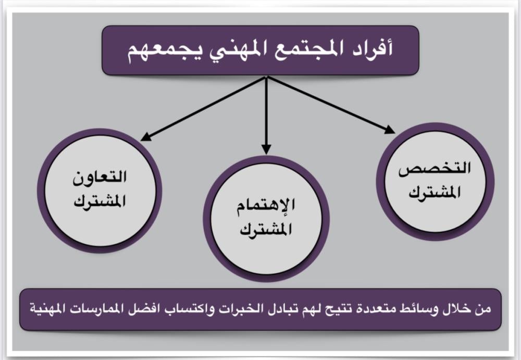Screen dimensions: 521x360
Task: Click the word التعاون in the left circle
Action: (x=100, y=177)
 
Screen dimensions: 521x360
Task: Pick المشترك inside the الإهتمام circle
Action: (x=266, y=229)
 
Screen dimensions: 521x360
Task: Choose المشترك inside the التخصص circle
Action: (x=435, y=192)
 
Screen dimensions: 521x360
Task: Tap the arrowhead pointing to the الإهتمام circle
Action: (x=266, y=150)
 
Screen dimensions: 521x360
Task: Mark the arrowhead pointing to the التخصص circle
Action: (x=389, y=130)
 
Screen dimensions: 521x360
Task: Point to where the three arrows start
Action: (x=266, y=77)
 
